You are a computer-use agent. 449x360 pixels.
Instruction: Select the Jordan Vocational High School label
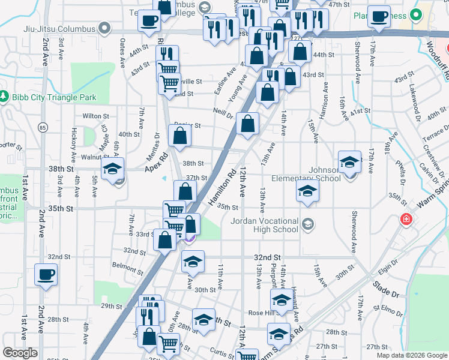click(265, 224)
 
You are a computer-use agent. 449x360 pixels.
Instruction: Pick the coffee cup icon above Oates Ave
click(149, 21)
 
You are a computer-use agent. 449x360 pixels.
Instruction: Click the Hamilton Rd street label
click(222, 188)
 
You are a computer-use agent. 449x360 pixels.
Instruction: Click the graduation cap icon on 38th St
click(112, 170)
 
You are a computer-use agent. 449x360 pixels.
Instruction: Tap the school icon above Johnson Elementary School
click(349, 163)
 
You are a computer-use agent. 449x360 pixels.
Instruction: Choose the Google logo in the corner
click(20, 353)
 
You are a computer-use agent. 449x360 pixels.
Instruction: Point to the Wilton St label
click(96, 116)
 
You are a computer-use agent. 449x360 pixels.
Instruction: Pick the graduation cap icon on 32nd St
click(193, 262)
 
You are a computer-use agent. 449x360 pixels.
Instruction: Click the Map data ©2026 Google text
click(411, 355)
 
